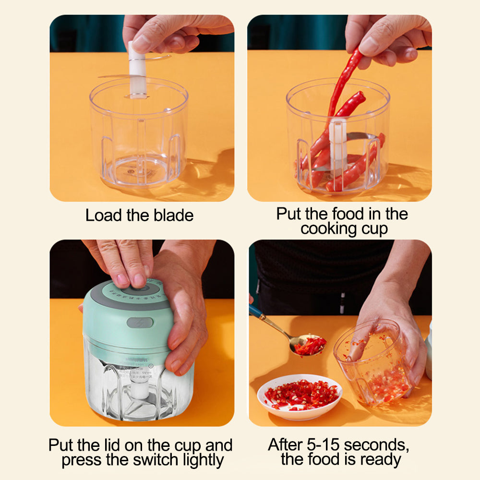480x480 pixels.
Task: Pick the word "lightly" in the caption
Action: click(x=201, y=460)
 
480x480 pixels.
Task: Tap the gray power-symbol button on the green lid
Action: click(x=140, y=323)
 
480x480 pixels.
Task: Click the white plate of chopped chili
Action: click(x=300, y=396)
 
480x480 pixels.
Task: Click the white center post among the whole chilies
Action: click(x=337, y=144)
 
